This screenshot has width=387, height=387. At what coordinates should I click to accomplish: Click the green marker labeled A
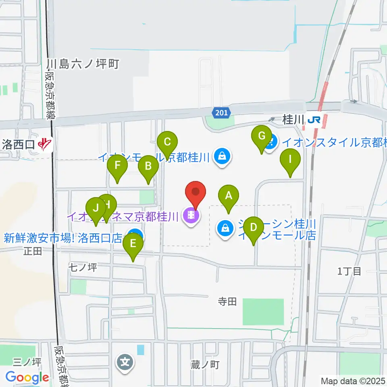point(229,196)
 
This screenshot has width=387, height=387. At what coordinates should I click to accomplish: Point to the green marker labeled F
point(117,166)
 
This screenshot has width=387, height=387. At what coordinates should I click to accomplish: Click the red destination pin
point(196,192)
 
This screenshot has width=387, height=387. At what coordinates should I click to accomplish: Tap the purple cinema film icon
point(191,216)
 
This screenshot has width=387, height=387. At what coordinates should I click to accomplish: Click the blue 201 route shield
point(222,113)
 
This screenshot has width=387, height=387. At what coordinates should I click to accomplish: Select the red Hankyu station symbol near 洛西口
point(45,144)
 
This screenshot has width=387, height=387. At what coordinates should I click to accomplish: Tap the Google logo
point(27,378)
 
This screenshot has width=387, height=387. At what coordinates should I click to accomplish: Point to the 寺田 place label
point(227,301)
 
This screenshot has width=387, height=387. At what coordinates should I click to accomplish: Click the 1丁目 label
point(349,271)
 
